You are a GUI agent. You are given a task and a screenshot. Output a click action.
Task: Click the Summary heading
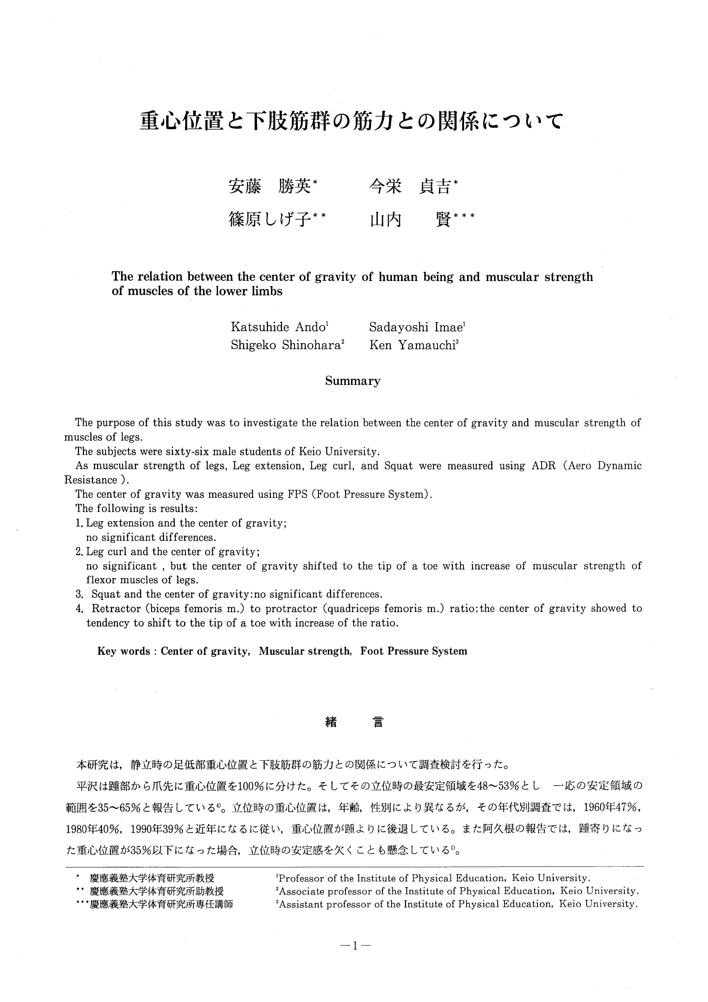tap(353, 381)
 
